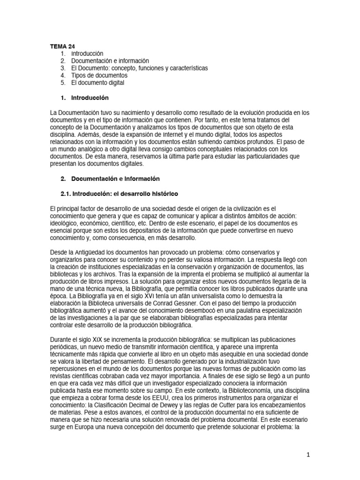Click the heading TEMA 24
62,46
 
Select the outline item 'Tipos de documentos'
99,75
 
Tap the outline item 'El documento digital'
98,82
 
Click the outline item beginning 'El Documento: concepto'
139,68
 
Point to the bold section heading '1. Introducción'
84,98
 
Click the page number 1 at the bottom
308,454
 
